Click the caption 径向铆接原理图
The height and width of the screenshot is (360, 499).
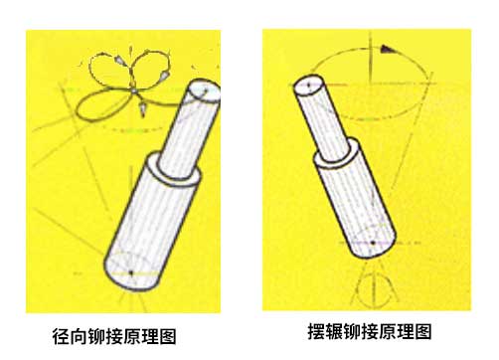120,335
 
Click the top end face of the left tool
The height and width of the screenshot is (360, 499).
205,90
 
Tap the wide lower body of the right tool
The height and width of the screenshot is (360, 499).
352,199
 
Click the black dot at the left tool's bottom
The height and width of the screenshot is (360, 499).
130,270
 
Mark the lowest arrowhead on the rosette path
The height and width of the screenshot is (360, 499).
143,104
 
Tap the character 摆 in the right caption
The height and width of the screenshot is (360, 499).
315,330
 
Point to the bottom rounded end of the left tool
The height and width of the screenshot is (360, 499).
129,273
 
